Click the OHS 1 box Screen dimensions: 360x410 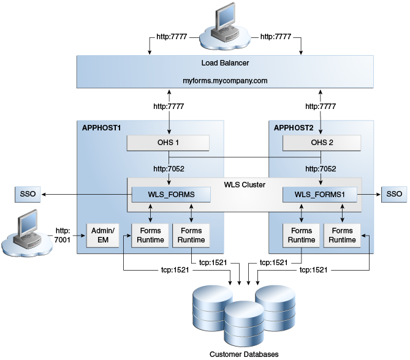point(168,143)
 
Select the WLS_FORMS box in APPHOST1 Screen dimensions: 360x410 point(172,195)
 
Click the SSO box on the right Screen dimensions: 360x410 point(392,195)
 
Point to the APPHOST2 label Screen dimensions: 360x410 point(293,128)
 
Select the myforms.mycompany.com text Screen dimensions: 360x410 point(225,81)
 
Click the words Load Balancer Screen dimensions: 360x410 point(225,63)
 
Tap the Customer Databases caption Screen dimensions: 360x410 point(244,354)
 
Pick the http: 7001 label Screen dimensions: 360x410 point(63,236)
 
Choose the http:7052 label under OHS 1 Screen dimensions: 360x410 point(168,168)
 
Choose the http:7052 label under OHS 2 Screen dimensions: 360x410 point(321,168)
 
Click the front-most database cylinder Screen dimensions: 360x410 point(245,324)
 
